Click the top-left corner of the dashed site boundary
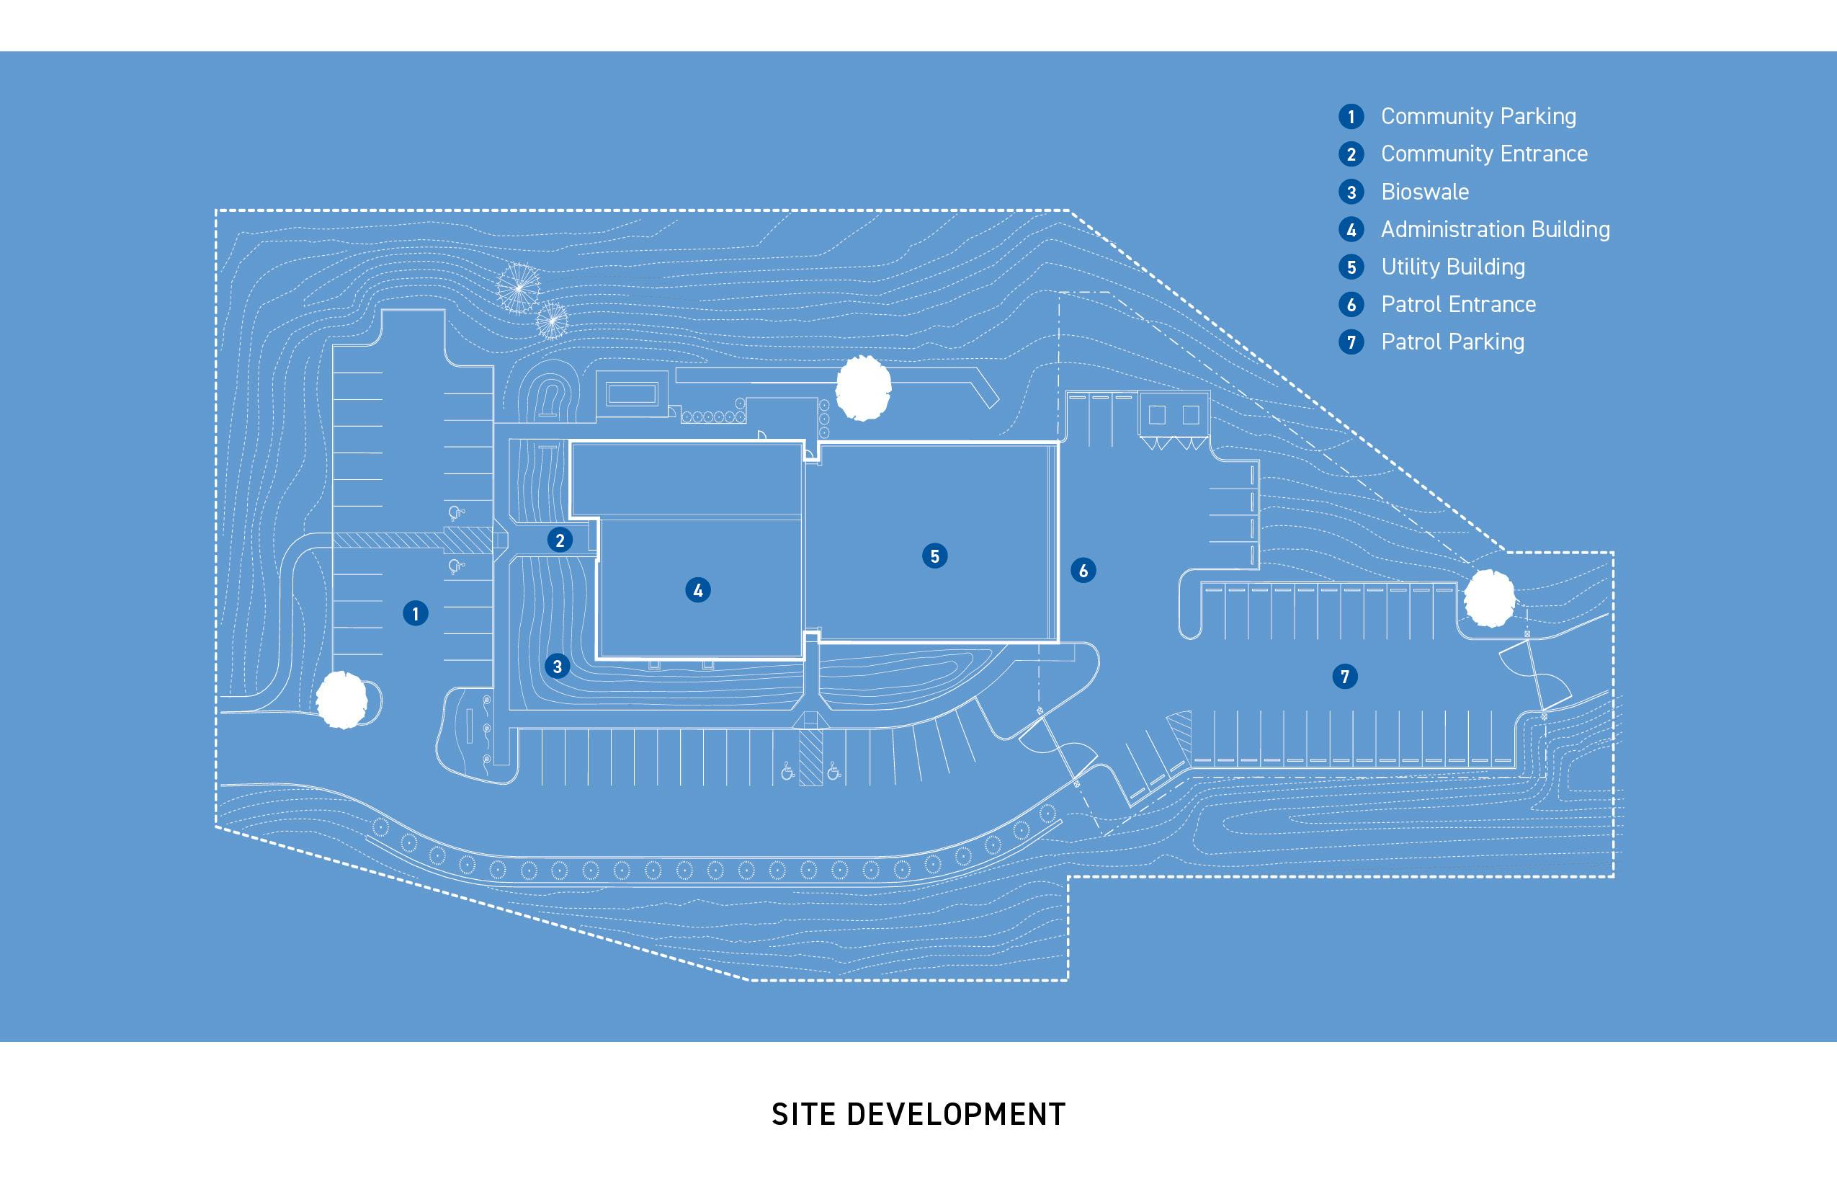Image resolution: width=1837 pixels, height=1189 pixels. tap(216, 210)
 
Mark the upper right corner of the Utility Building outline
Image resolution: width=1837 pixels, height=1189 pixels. tap(1058, 442)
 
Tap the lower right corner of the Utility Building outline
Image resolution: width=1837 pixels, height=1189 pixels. tap(1058, 641)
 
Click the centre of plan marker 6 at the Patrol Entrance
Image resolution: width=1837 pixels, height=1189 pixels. tap(1083, 571)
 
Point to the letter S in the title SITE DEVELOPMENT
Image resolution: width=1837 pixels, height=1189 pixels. tap(779, 1115)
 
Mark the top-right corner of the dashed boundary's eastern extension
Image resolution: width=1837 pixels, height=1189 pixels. tap(1613, 553)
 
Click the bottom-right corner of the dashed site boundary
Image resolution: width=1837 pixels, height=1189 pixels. tap(1613, 876)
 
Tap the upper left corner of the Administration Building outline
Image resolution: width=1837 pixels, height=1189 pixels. tap(571, 442)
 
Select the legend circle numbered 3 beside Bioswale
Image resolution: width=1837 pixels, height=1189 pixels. tap(1351, 192)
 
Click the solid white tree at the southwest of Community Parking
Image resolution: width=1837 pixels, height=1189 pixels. tap(342, 700)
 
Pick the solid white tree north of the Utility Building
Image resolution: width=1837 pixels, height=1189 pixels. tap(864, 388)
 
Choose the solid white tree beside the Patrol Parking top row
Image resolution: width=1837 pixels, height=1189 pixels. tap(1489, 598)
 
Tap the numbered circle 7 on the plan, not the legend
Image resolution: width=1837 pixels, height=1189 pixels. tap(1344, 677)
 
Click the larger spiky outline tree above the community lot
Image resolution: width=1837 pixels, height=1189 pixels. tap(519, 288)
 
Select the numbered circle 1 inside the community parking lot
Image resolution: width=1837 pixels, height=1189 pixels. tap(415, 614)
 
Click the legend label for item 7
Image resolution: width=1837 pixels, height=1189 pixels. tap(1452, 342)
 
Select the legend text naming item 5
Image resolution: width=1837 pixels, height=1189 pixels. tap(1452, 267)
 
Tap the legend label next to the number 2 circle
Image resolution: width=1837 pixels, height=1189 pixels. tap(1484, 154)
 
